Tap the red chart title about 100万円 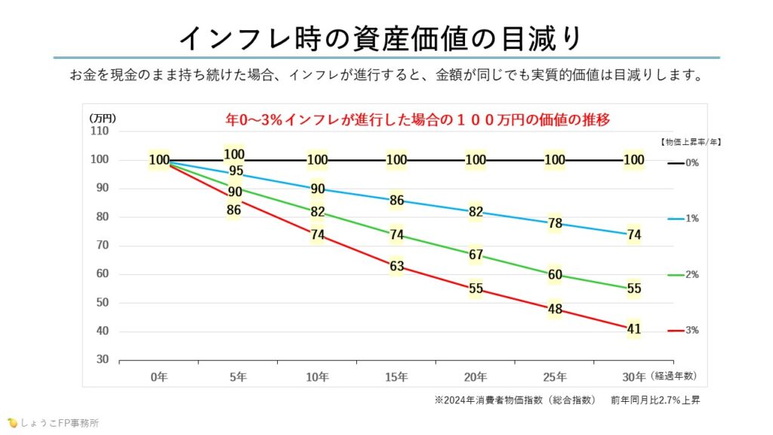[x=417, y=119]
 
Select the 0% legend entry [x=683, y=162]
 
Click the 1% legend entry [x=683, y=219]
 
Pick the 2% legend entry [x=683, y=275]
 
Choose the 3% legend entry [x=683, y=331]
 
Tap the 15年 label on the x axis [x=396, y=376]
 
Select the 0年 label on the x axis [x=159, y=376]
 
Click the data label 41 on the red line [x=634, y=329]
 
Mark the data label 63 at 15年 [x=396, y=266]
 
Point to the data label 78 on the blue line [x=555, y=224]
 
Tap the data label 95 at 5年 [x=236, y=171]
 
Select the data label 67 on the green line [x=476, y=255]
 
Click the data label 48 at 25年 [x=555, y=309]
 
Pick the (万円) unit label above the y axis [x=103, y=118]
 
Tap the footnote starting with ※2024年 [x=567, y=400]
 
